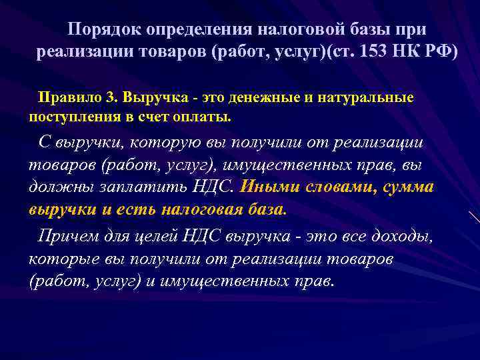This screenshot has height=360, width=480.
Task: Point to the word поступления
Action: pyautogui.click(x=72, y=117)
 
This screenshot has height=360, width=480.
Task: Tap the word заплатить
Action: pyautogui.click(x=135, y=187)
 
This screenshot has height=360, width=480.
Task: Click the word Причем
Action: pyautogui.click(x=69, y=235)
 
